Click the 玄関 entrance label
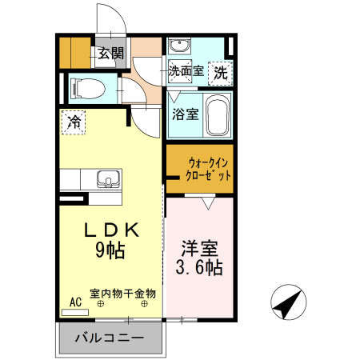coord(111,54)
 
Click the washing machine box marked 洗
coord(221,71)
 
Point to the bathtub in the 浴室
coord(217,114)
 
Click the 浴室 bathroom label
coord(186,114)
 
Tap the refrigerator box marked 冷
coord(74,123)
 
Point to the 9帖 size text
coord(110,250)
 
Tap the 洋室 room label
coord(198,247)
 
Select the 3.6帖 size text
coord(198,266)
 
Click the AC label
coord(76,302)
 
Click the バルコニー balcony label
coord(110,338)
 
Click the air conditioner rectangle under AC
coord(75,311)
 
